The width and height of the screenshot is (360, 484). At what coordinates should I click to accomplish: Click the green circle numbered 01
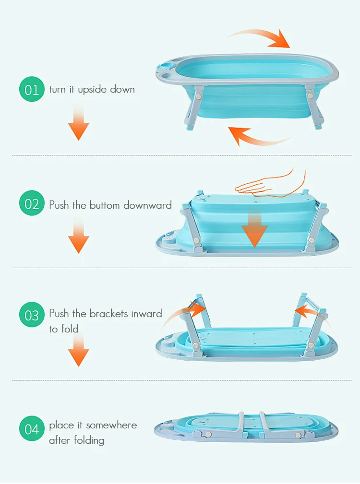click(32, 89)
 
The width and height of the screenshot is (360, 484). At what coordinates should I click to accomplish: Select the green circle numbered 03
click(32, 316)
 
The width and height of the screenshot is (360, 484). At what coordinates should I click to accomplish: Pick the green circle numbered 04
click(32, 428)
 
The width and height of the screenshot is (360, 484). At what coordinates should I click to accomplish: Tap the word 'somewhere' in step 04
click(112, 425)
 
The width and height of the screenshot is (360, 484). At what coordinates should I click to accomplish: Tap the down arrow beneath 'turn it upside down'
click(78, 123)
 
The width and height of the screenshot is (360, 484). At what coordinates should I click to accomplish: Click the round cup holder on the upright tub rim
click(165, 67)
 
